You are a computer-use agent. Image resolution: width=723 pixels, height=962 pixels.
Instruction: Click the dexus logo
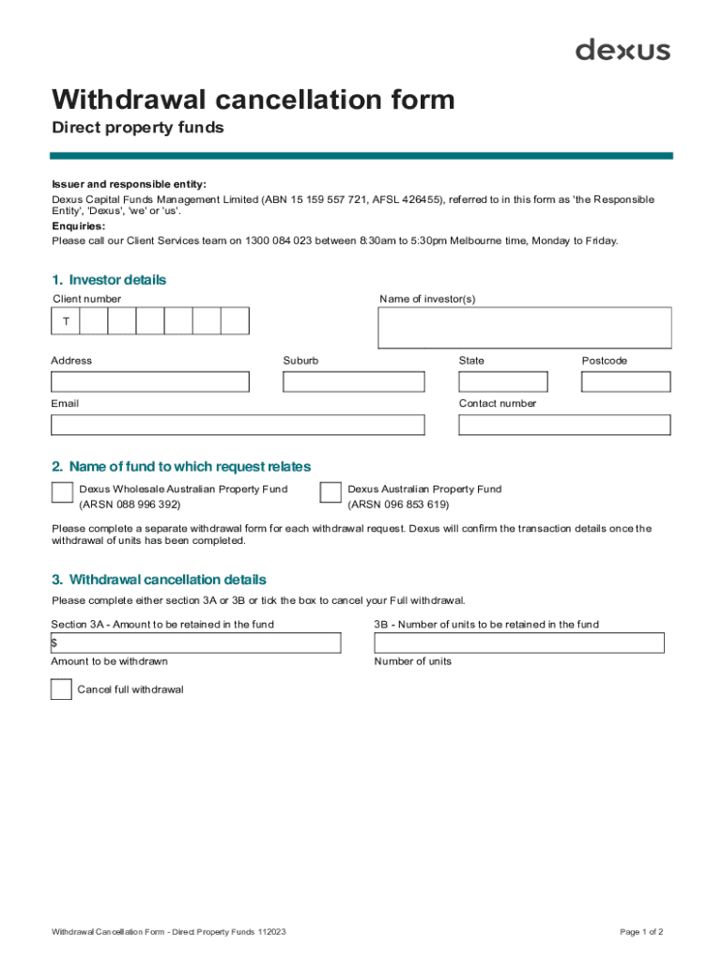[x=623, y=50]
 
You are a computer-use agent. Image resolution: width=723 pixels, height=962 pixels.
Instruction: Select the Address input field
[x=150, y=381]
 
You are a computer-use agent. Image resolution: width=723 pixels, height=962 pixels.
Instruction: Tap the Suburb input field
[x=353, y=381]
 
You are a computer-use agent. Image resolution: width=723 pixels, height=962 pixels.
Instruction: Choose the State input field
[x=502, y=381]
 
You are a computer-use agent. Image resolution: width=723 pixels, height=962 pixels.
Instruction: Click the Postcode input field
[x=625, y=381]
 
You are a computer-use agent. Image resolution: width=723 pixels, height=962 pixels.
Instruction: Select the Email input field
[x=238, y=425]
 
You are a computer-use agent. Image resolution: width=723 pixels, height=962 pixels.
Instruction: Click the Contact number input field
[x=564, y=425]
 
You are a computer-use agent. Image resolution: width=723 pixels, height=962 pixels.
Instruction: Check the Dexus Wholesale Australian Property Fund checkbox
[x=62, y=493]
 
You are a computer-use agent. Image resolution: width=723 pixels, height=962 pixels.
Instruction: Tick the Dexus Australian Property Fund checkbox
[x=331, y=493]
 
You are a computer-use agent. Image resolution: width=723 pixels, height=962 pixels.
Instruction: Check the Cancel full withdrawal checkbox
[x=61, y=690]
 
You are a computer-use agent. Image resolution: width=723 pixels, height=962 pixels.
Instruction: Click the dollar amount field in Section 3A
[x=196, y=643]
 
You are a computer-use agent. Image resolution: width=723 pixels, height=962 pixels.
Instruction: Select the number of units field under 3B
[x=518, y=643]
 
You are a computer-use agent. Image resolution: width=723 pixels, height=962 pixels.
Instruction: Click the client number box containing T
[x=66, y=321]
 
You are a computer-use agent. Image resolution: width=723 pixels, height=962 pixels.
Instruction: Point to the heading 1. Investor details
[x=109, y=280]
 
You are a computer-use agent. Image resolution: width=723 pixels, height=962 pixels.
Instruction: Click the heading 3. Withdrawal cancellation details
[x=159, y=580]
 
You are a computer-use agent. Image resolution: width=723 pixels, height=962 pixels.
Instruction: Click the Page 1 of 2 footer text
[x=641, y=932]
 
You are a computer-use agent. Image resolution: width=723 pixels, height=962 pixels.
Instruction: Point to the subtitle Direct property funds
[x=138, y=128]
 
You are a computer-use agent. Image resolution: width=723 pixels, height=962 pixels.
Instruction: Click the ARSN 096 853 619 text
[x=398, y=504]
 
